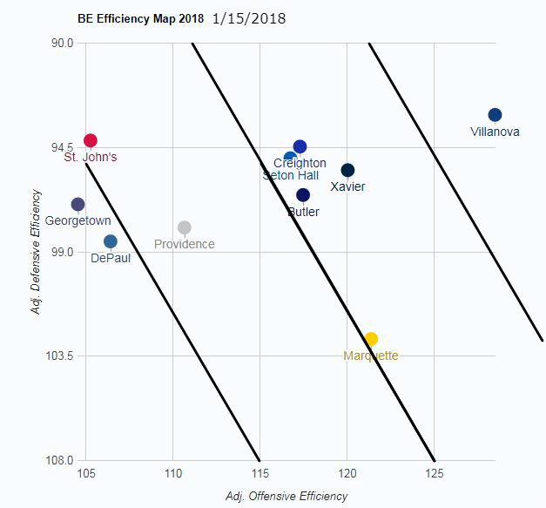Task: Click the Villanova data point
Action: [495, 115]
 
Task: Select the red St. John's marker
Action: [91, 140]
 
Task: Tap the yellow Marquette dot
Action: [371, 339]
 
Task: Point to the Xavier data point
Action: [347, 170]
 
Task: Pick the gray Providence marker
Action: [185, 227]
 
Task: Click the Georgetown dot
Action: [78, 204]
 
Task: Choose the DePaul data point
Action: [111, 241]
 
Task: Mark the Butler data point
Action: [303, 195]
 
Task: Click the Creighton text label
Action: [300, 163]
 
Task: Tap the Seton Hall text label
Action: [291, 175]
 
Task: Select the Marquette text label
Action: [371, 356]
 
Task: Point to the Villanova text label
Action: [495, 132]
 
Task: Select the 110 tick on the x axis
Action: [172, 473]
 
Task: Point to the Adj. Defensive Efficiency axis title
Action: [37, 252]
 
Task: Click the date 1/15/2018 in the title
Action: [248, 17]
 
